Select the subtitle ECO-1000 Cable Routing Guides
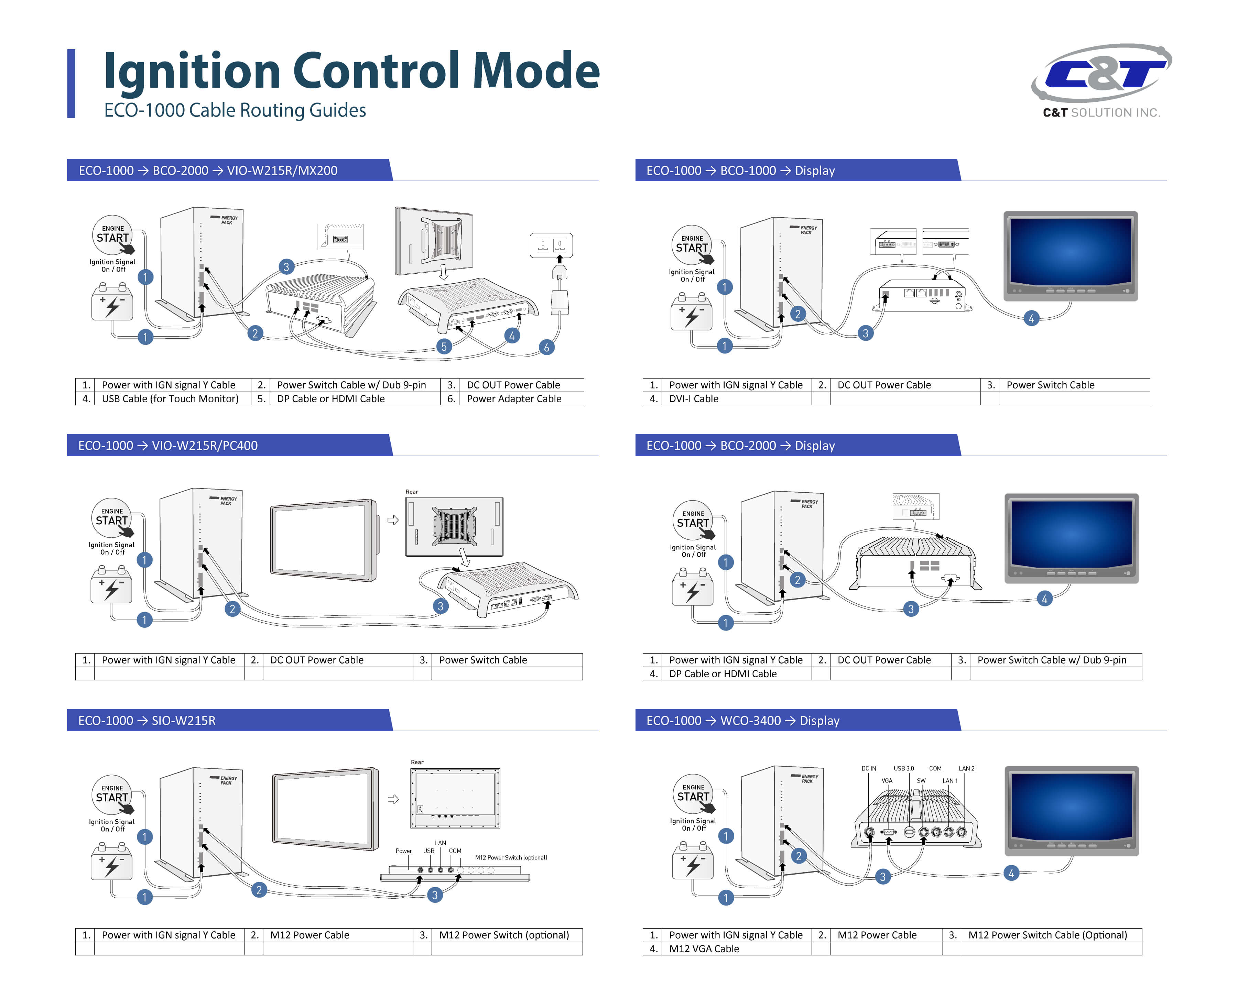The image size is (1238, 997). (235, 110)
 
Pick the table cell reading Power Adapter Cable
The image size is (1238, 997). (513, 398)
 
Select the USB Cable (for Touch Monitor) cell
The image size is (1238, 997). (170, 398)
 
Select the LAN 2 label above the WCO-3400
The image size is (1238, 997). (966, 768)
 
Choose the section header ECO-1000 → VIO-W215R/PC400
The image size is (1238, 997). (168, 446)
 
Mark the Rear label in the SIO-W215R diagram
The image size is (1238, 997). (417, 762)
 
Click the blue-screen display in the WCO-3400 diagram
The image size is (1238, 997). (1072, 810)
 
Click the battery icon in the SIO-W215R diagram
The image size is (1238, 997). (111, 863)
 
